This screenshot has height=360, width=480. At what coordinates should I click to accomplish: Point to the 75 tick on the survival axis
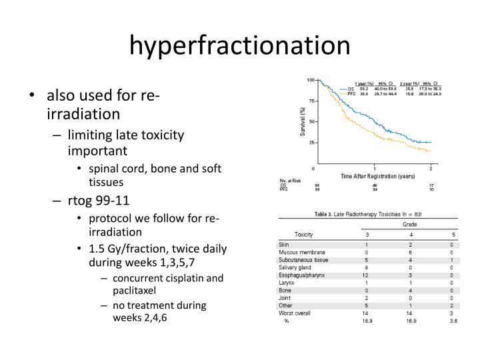click(310, 101)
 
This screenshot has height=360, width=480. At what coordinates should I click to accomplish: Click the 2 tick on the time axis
click(431, 167)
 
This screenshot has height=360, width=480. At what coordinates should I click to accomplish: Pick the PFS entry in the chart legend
click(351, 94)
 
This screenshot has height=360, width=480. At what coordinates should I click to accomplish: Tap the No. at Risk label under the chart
click(291, 181)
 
